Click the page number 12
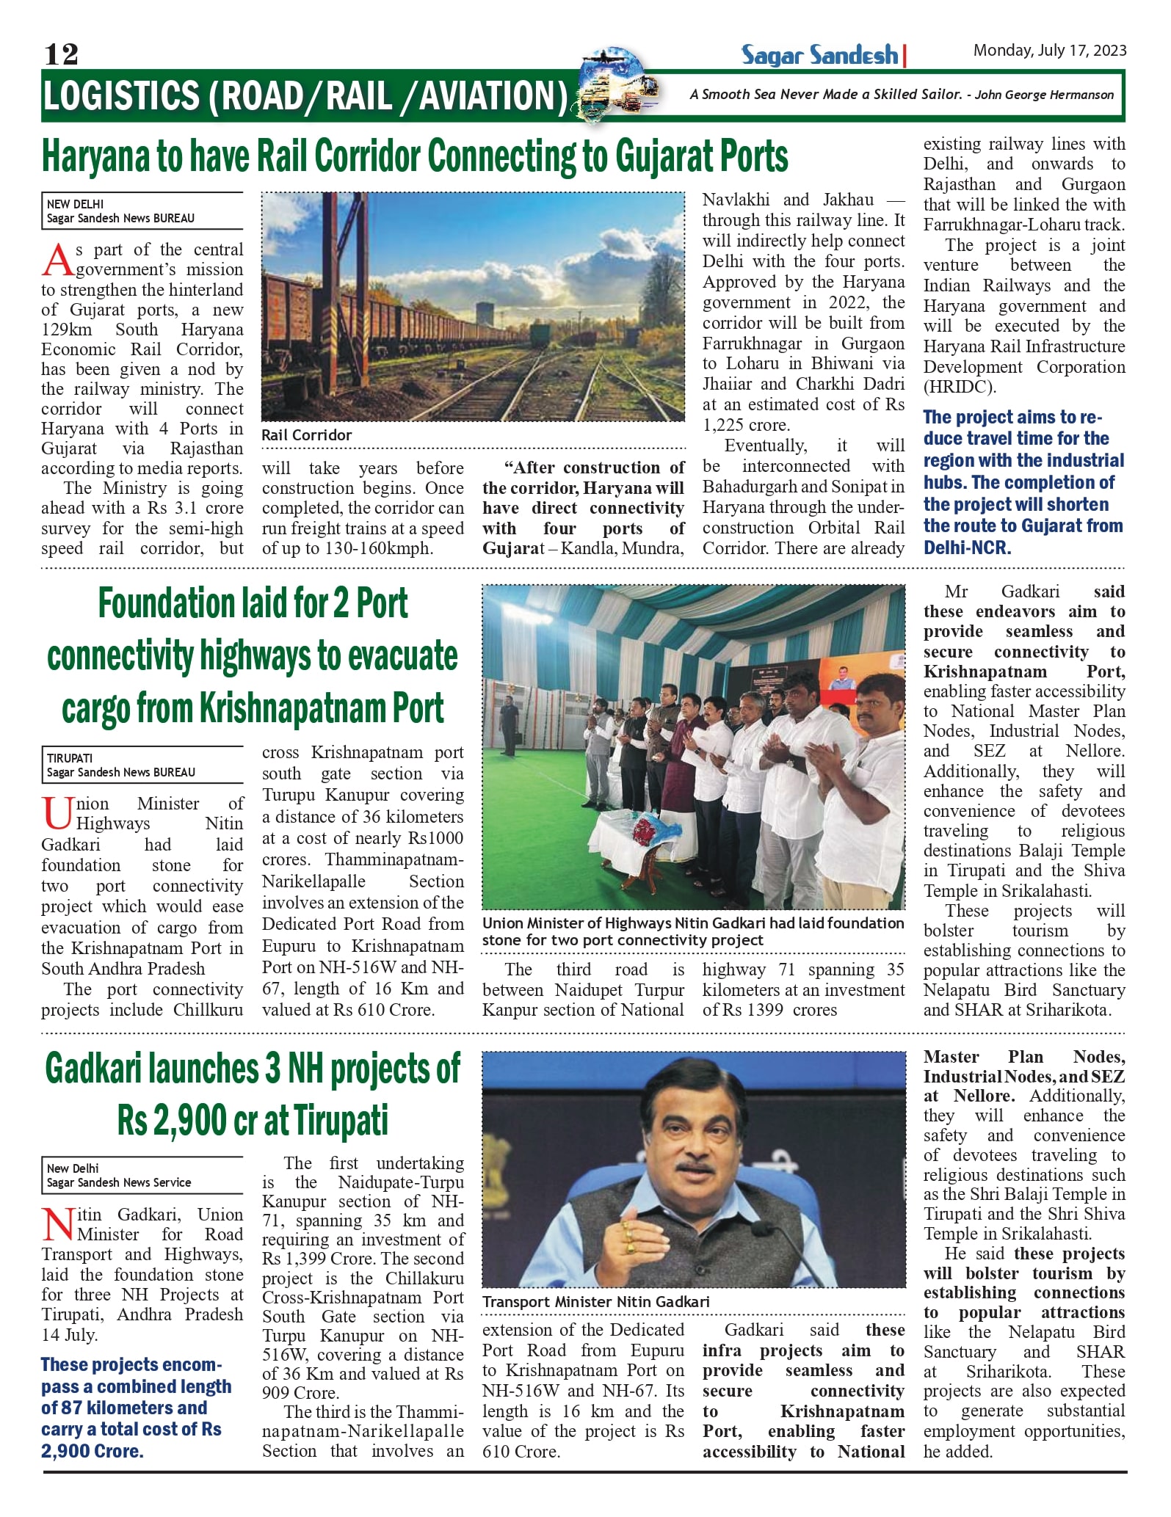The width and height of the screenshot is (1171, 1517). coord(61,54)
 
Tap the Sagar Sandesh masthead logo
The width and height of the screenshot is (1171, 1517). coord(819,55)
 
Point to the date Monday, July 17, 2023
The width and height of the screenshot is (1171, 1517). coord(1049,51)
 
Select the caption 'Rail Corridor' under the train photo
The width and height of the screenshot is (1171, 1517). coord(306,435)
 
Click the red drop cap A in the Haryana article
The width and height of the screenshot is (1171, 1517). coord(57,261)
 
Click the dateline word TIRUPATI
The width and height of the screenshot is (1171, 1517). coord(70,758)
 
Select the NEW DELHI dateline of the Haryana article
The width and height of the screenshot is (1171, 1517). coord(75,204)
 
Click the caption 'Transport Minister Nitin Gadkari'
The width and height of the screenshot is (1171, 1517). coord(595,1302)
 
